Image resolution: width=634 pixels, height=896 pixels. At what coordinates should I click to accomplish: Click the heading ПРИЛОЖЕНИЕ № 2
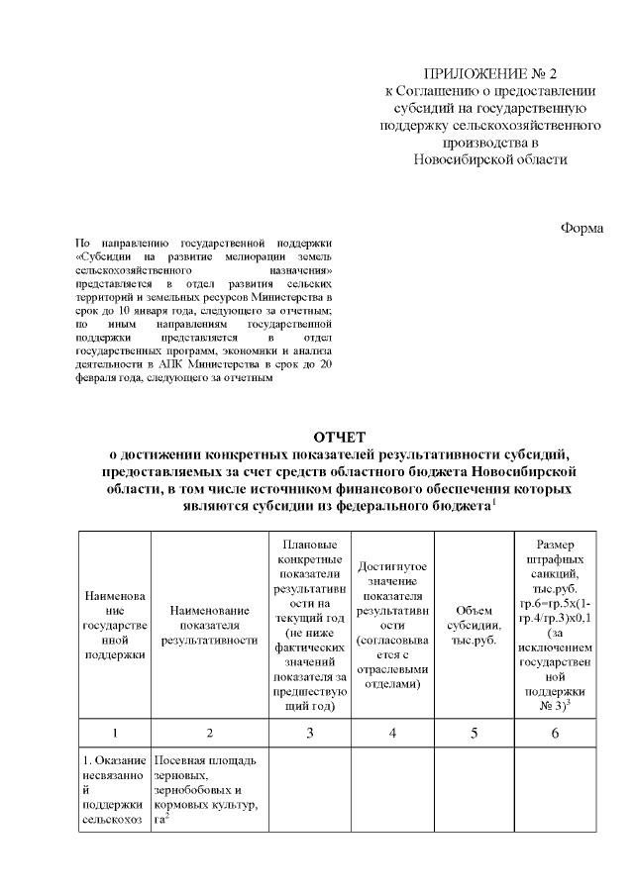click(491, 74)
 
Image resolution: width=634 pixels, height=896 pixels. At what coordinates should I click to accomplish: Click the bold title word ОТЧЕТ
click(339, 437)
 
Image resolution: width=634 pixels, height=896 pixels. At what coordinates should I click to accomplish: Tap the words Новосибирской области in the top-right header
click(491, 158)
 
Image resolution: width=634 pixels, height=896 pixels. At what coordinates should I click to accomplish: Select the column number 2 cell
click(209, 733)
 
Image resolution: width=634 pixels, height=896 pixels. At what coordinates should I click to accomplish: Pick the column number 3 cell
click(310, 733)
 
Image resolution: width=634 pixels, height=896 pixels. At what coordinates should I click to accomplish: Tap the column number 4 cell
click(392, 733)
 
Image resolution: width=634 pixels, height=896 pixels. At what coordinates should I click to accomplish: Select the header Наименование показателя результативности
click(209, 626)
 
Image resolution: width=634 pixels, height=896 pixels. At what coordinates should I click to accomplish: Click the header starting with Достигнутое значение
click(392, 626)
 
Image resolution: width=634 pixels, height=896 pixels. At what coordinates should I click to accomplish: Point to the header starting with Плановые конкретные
click(310, 626)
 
